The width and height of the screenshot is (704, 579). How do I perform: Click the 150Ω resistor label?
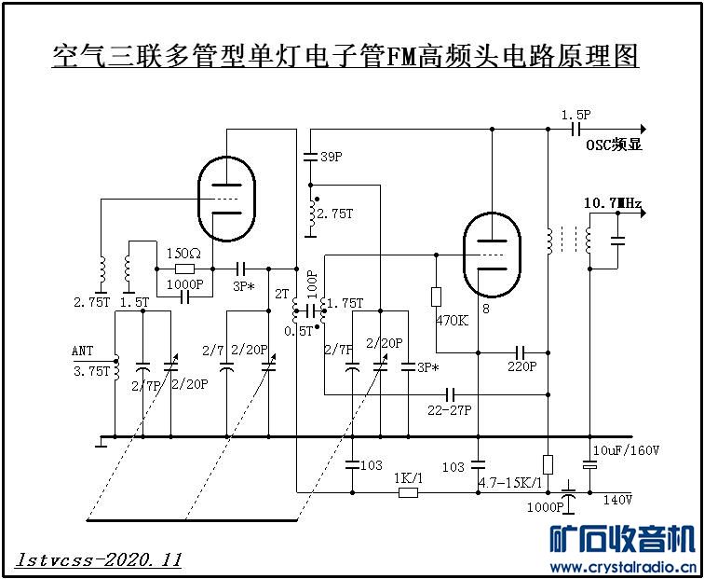coord(183,254)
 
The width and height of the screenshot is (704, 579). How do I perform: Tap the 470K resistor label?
coord(452,321)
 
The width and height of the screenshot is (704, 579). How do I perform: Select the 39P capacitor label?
coord(331,158)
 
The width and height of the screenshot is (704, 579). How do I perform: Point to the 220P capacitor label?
coord(521,366)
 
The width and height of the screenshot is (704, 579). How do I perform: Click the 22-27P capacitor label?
coord(449,409)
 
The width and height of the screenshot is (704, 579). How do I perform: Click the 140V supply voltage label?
coord(617,500)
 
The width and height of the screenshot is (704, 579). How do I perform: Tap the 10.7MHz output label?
coord(612,202)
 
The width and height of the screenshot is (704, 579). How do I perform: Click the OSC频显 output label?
coord(614,145)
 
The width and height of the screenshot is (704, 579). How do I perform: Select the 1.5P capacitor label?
coord(576,114)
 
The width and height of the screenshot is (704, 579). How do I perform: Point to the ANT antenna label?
coord(83,352)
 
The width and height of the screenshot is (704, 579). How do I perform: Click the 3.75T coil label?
coord(91,370)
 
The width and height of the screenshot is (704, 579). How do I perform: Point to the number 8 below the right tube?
coord(485,307)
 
